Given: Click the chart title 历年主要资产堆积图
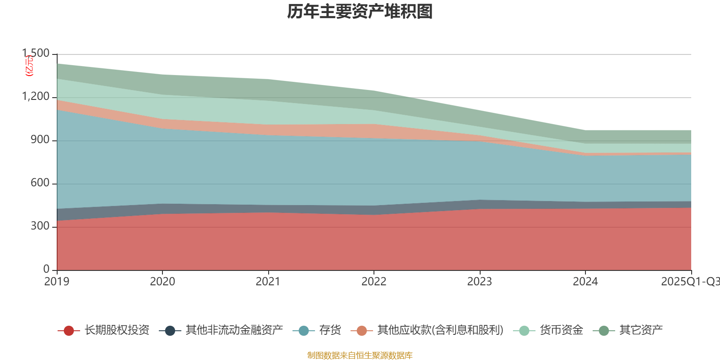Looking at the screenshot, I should tap(360, 12).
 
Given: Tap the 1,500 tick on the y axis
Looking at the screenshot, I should tap(36, 54).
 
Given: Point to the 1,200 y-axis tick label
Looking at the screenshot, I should tap(36, 97).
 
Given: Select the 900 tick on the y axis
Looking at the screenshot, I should tap(40, 140).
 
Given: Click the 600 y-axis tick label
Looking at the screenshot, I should tap(40, 183).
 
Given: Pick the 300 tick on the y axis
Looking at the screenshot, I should tap(40, 226).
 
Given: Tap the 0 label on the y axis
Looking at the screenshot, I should tap(46, 270).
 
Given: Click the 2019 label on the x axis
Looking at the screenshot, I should tap(57, 282).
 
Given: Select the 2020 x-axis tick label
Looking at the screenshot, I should tap(162, 282).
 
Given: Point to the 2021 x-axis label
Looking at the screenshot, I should tap(268, 282).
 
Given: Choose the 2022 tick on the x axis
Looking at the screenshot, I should tap(374, 282).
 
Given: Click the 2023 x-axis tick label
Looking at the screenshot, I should tap(480, 282).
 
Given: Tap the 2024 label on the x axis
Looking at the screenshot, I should tap(585, 282).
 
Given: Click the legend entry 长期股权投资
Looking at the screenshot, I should tap(117, 331).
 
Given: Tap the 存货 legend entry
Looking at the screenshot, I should tap(330, 331).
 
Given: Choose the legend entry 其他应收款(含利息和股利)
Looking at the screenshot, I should tap(440, 331).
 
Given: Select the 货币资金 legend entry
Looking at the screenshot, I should tap(561, 331).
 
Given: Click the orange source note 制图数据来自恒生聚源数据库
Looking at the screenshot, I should tap(360, 355).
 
